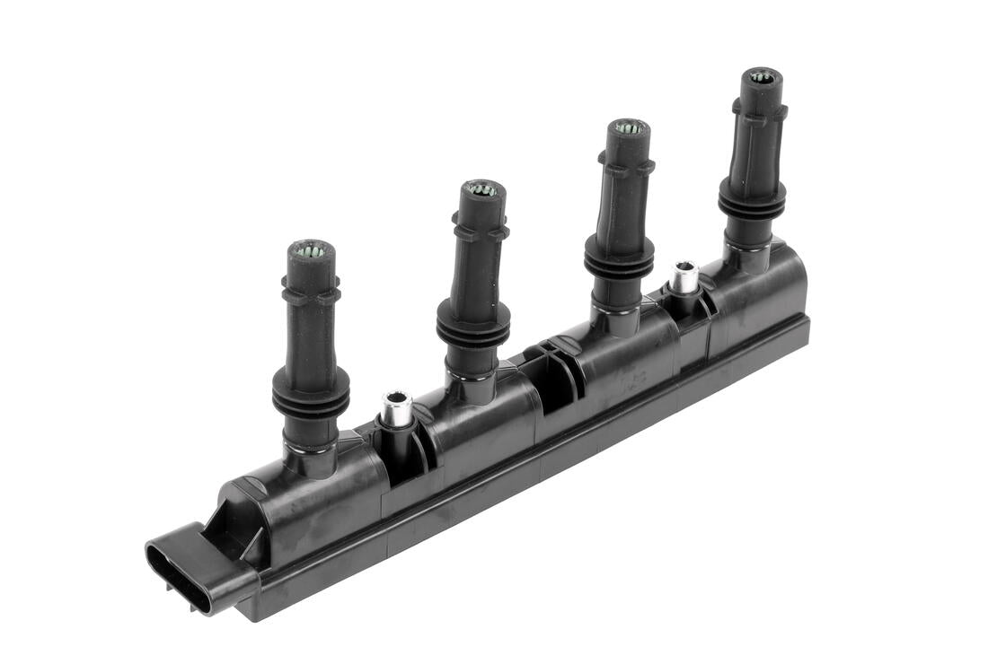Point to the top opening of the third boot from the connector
(629, 127)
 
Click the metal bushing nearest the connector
(395, 408)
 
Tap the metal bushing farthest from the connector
(684, 275)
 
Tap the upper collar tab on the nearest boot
(311, 293)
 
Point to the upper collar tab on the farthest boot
(760, 112)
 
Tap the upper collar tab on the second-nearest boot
(481, 229)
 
